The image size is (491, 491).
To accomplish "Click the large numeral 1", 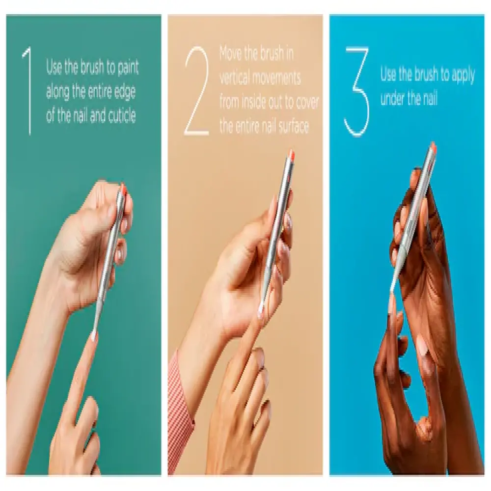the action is [28, 91].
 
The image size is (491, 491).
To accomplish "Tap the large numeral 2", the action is [197, 91].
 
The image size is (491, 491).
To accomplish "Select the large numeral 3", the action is [357, 91].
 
